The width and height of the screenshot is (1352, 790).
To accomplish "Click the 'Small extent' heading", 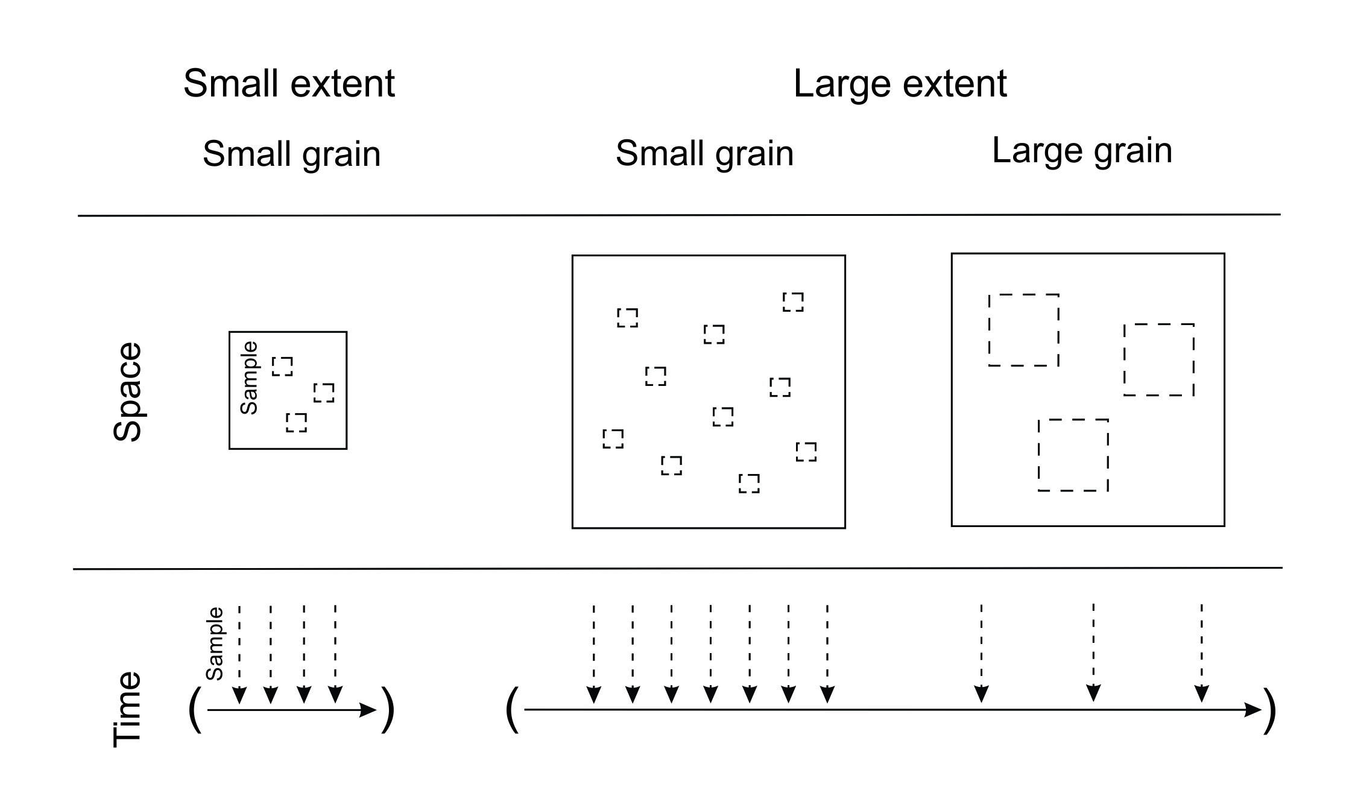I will tap(289, 83).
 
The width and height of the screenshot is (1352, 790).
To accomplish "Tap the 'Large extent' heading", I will tap(900, 83).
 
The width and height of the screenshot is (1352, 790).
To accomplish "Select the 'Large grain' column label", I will tap(1082, 151).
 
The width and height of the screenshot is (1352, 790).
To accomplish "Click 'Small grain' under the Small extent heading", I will tap(291, 154).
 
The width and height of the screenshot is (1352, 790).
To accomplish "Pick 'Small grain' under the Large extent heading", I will tap(704, 153).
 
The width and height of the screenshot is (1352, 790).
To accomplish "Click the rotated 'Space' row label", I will tap(127, 392).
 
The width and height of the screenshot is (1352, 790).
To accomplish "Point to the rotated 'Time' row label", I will tap(127, 710).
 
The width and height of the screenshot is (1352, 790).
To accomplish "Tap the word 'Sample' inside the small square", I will tap(249, 378).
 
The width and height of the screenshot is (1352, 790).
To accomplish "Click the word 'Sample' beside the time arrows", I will tap(215, 643).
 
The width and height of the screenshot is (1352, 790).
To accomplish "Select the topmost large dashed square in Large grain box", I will tap(1024, 330).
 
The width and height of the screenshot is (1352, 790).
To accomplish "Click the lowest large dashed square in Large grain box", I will tap(1073, 455).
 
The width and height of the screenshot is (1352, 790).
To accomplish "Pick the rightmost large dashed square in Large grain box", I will tap(1159, 360).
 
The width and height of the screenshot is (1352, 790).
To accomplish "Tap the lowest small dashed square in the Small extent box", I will tap(296, 423).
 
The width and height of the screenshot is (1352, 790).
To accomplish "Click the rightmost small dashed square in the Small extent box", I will tap(324, 393).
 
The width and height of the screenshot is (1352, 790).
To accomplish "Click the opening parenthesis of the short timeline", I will tap(195, 710).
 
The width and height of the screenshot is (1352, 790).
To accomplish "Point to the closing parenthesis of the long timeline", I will tap(1270, 710).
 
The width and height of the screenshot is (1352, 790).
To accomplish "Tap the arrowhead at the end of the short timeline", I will tap(367, 710).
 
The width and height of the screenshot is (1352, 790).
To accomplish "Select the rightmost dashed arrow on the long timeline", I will tap(1201, 654).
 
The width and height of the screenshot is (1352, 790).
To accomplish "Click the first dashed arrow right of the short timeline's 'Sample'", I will tap(239, 654).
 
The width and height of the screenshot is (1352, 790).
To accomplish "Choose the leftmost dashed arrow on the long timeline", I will tap(593, 654).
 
